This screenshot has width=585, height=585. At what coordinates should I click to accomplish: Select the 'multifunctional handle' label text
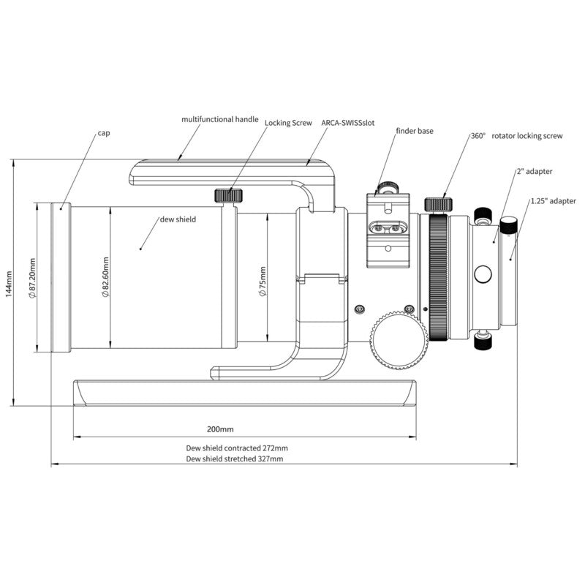pyautogui.click(x=220, y=118)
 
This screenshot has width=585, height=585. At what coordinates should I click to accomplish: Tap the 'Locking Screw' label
pyautogui.click(x=288, y=124)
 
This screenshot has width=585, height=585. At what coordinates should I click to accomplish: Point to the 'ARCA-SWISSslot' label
pyautogui.click(x=348, y=124)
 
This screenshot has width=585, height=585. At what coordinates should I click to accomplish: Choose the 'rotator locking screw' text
pyautogui.click(x=527, y=136)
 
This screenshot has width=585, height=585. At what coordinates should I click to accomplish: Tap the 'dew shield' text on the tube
pyautogui.click(x=178, y=219)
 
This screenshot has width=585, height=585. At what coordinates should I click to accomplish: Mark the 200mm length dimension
pyautogui.click(x=220, y=429)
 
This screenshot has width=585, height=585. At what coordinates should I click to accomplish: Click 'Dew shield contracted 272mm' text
pyautogui.click(x=237, y=448)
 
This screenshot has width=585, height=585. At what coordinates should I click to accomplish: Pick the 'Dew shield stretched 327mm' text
pyautogui.click(x=235, y=459)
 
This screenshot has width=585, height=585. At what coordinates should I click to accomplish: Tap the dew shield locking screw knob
pyautogui.click(x=228, y=195)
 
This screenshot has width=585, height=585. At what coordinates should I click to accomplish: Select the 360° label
pyautogui.click(x=478, y=136)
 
